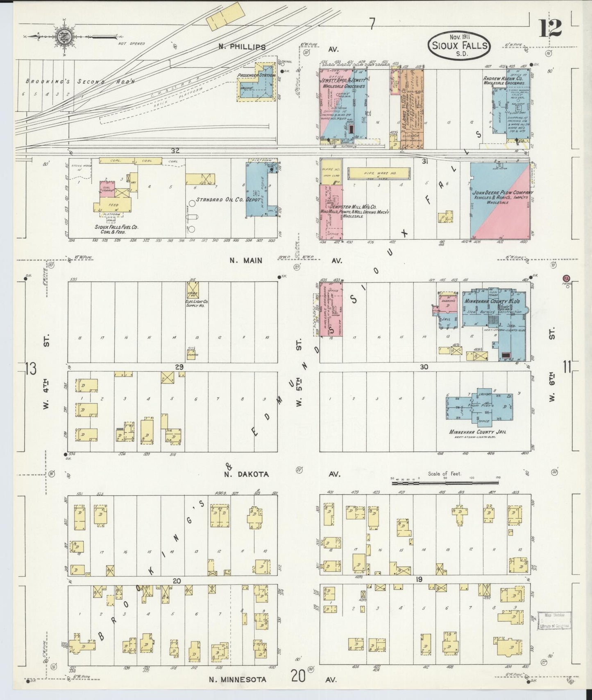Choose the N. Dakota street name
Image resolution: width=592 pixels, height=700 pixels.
246,474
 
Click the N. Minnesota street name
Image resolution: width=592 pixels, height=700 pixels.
238,680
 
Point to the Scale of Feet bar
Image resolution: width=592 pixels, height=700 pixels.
447,483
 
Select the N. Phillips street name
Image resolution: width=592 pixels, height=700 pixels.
242,47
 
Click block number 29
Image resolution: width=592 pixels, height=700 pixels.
179,367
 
